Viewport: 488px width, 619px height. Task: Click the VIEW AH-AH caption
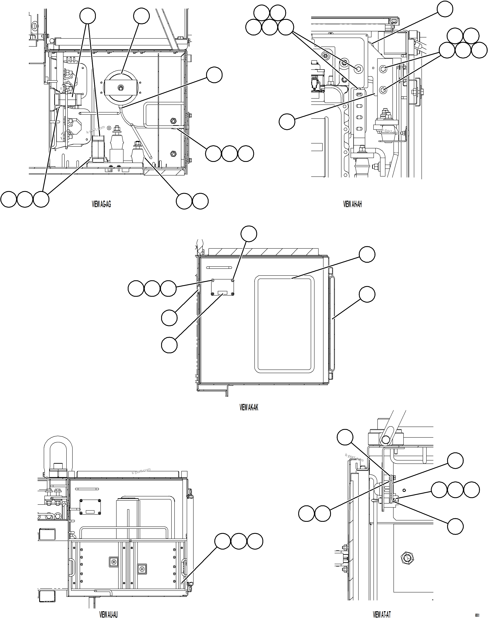(x=352, y=204)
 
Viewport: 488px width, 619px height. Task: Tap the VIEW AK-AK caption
(x=248, y=407)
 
